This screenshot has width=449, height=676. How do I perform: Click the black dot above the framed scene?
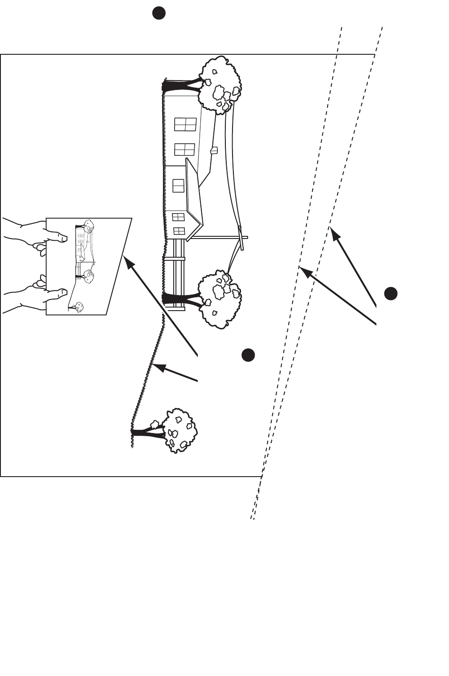pyautogui.click(x=159, y=13)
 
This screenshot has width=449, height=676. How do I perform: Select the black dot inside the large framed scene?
pyautogui.click(x=248, y=355)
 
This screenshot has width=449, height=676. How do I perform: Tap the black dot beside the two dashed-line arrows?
pyautogui.click(x=391, y=294)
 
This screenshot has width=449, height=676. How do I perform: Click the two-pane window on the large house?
pyautogui.click(x=178, y=186)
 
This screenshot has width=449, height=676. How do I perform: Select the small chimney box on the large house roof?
pyautogui.click(x=213, y=150)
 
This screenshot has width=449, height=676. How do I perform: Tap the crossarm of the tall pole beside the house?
pyautogui.click(x=243, y=238)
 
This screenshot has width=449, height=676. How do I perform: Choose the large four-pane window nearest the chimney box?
pyautogui.click(x=184, y=149)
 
